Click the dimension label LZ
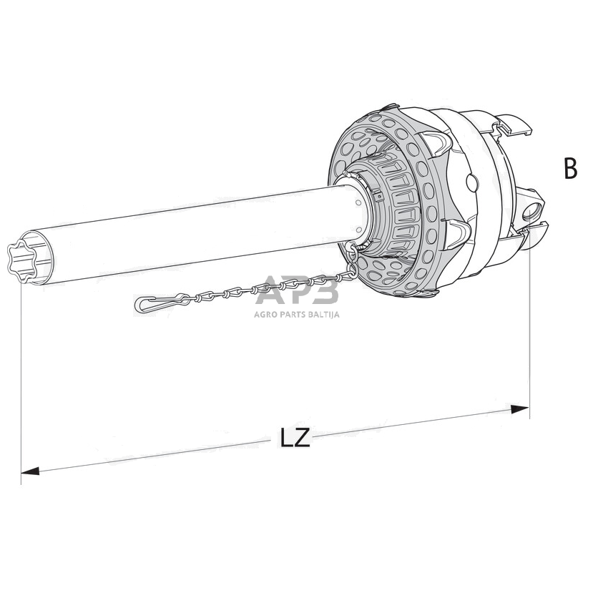(295, 438)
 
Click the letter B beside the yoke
(570, 169)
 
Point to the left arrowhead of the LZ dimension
(30, 471)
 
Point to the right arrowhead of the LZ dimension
(519, 409)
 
